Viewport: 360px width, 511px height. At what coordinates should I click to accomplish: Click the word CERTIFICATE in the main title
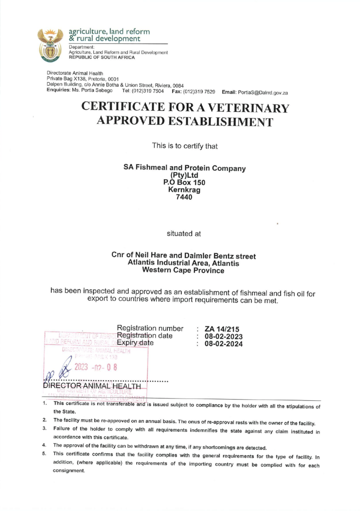point(126,108)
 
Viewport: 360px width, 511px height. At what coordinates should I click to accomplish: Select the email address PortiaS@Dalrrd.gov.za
point(265,92)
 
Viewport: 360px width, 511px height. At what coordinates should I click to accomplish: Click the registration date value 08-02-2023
point(224,336)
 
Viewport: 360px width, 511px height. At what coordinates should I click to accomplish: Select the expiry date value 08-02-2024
point(224,344)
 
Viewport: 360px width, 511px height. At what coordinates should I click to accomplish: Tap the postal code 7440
point(184,197)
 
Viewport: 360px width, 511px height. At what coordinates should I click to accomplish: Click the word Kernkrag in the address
point(184,190)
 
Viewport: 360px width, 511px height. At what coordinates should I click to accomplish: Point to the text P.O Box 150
point(184,183)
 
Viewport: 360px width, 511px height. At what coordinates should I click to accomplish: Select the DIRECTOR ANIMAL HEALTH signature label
point(92,386)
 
